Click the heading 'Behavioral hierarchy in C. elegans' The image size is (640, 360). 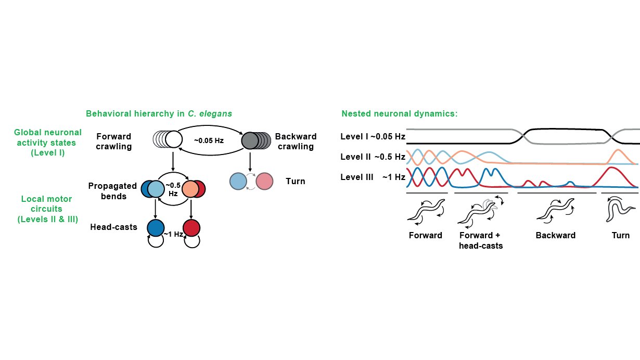click(159, 113)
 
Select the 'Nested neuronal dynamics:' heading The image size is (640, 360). click(400, 113)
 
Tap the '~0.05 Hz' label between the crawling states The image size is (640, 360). click(209, 140)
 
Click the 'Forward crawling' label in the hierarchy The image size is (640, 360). click(114, 142)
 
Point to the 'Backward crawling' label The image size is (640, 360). click(295, 142)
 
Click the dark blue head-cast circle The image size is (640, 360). click(156, 228)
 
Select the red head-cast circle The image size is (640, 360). click(191, 228)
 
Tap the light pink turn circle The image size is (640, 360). click(264, 181)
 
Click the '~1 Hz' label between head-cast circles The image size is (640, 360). click(173, 235)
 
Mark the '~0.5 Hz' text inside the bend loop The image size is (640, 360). click(173, 189)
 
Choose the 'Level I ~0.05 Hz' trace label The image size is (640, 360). click(373, 137)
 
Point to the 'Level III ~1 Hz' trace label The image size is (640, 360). click(373, 177)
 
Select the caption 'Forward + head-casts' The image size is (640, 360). click(481, 240)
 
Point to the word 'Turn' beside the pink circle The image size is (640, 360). click(295, 182)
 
